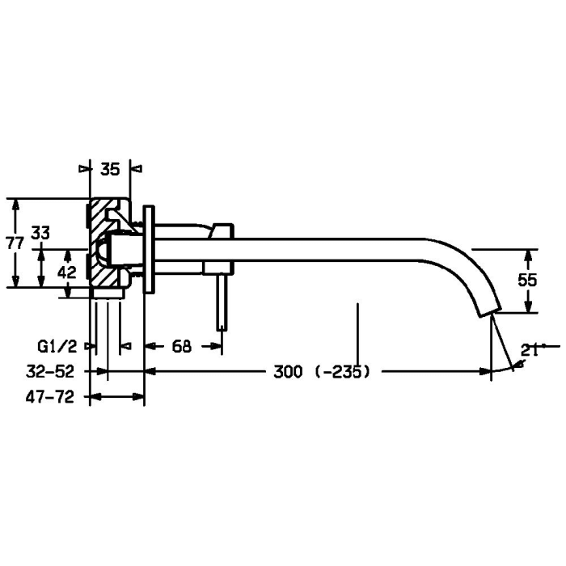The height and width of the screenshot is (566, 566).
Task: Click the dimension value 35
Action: [110, 169]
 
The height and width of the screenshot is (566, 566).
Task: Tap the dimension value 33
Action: [40, 233]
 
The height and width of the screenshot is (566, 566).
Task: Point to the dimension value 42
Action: [68, 272]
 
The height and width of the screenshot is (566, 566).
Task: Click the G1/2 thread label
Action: [57, 346]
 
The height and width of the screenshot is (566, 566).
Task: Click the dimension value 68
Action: [182, 346]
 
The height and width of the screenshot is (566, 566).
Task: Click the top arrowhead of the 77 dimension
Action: [15, 204]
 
